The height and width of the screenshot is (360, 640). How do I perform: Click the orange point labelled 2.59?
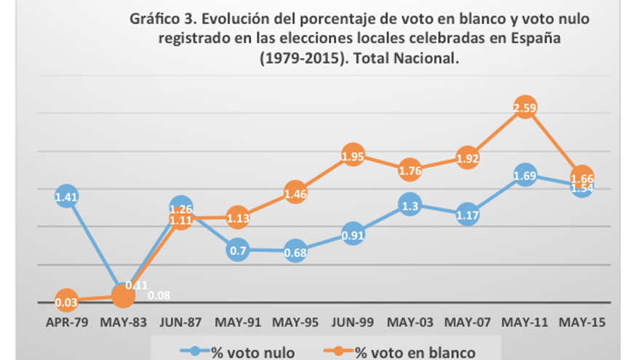click(525, 108)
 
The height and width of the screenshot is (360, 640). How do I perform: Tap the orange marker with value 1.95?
click(353, 156)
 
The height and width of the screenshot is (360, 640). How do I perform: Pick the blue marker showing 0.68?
click(295, 252)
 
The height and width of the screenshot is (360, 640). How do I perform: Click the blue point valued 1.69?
click(525, 176)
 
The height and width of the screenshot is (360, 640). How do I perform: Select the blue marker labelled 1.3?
click(410, 206)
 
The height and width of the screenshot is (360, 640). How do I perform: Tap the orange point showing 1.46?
click(295, 193)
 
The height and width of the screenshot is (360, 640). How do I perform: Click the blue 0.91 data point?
click(353, 235)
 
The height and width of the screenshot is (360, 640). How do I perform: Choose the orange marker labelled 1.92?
click(468, 158)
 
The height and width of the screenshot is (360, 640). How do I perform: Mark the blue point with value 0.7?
click(238, 251)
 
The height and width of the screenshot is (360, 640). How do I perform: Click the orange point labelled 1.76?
click(410, 171)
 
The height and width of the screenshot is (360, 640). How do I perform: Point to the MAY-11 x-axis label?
click(525, 321)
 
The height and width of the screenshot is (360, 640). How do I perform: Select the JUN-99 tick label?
click(353, 321)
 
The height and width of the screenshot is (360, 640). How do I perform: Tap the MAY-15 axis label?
click(583, 321)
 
